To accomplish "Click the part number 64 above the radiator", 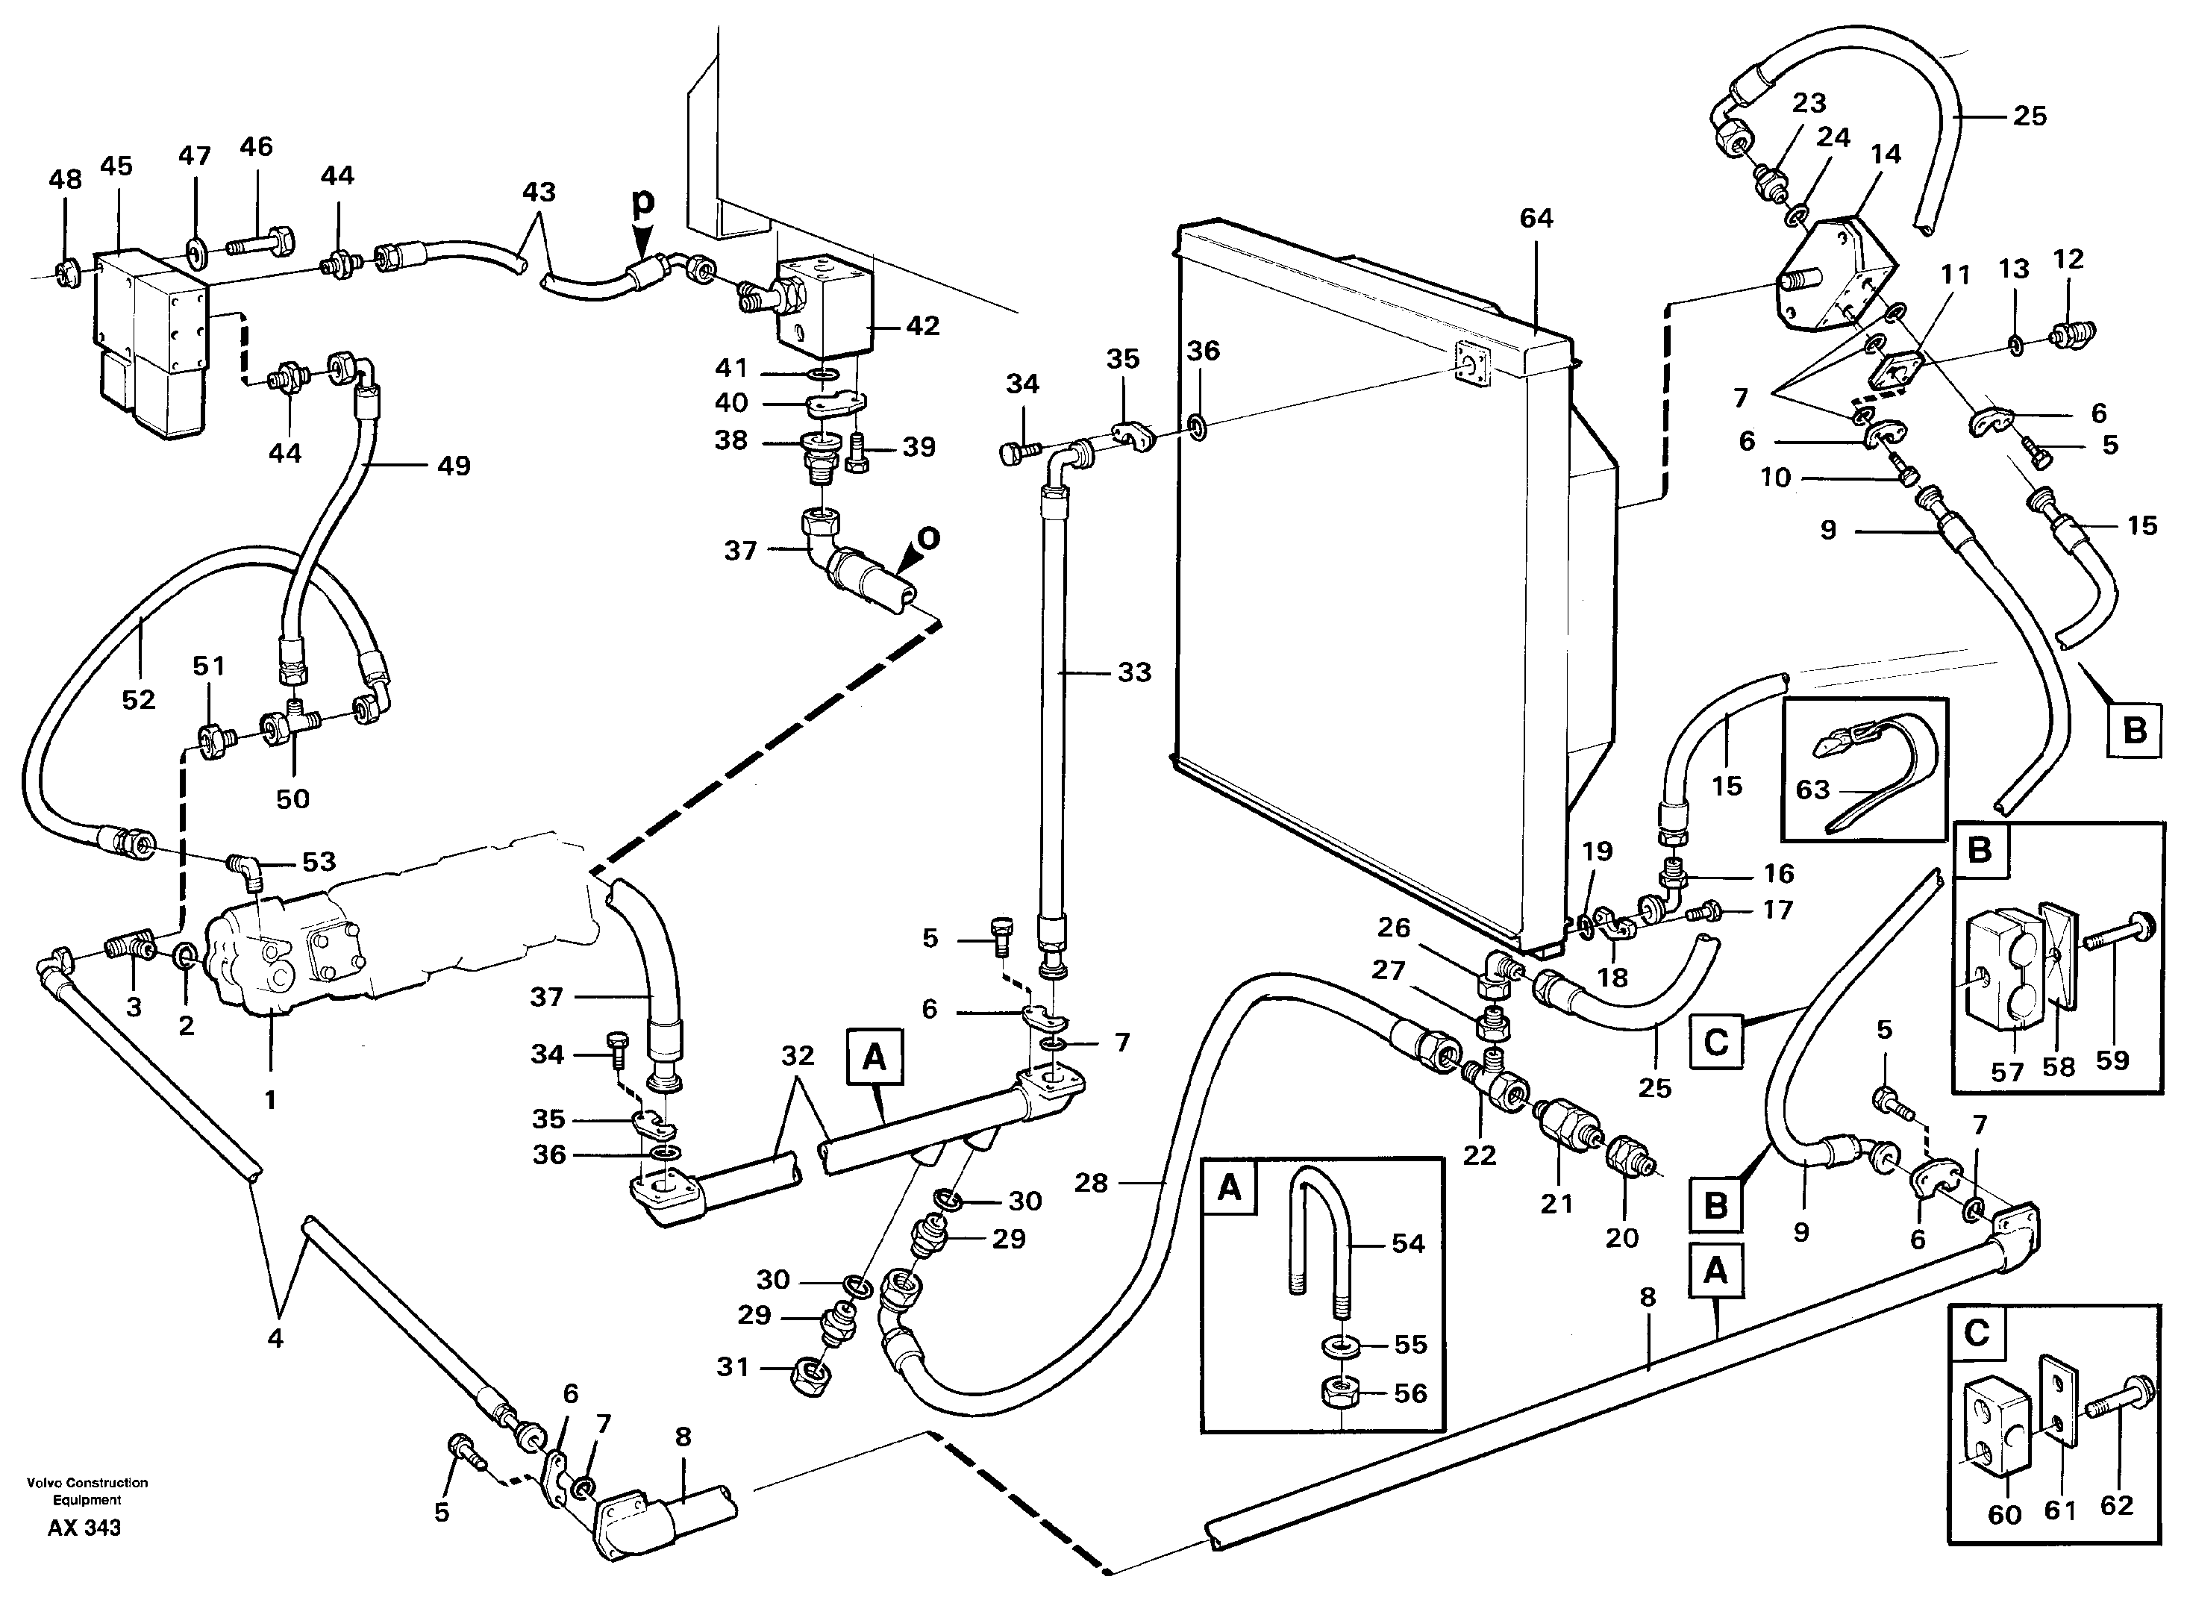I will coord(1536,219).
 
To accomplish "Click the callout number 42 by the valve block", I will coord(922,326).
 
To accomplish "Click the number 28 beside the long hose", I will coord(1091,1183).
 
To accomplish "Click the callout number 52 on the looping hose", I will coord(139,699).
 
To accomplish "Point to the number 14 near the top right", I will coord(1885,154).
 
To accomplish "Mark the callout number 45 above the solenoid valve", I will coord(116,166).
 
